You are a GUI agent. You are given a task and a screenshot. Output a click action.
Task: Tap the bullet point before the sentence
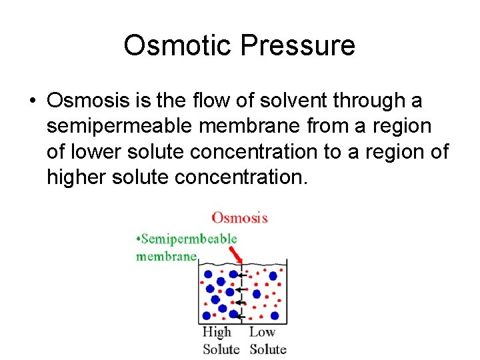point(32,101)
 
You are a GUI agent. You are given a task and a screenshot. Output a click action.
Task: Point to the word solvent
point(291,101)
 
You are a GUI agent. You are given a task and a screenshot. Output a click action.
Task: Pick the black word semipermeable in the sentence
point(129,126)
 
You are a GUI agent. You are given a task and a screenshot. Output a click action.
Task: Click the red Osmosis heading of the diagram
point(239,218)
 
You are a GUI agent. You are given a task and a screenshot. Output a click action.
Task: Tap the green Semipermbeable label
point(187,239)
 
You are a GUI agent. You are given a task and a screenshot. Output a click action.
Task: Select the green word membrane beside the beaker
point(166,255)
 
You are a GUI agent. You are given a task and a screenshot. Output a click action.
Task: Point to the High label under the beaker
point(217,332)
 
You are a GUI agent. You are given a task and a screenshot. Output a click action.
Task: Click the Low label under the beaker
point(262,332)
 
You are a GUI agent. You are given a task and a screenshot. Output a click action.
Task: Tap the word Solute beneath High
point(221,349)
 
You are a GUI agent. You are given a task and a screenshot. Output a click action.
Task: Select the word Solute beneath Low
point(268,349)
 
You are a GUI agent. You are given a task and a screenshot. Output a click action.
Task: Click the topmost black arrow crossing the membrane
point(243,275)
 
